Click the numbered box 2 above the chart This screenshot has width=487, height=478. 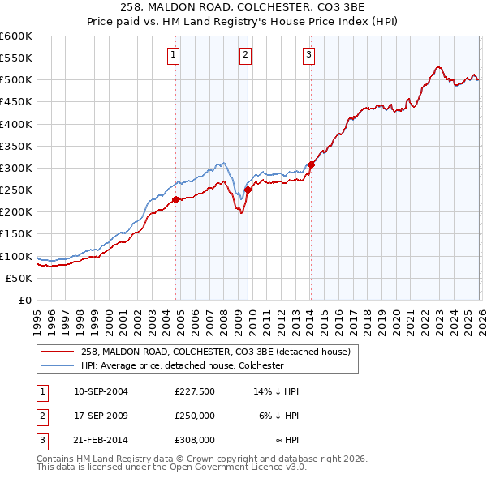pos(245,55)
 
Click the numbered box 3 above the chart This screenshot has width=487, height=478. pos(309,55)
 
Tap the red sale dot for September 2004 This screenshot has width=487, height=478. pos(176,199)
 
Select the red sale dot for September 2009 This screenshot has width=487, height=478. pos(248,190)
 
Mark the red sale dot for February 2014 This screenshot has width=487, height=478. pos(311,164)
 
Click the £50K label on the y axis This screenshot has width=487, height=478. pos(19,278)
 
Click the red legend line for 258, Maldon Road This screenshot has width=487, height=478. pos(58,352)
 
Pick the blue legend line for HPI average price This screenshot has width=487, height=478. pos(58,366)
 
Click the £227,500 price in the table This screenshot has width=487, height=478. pos(194,391)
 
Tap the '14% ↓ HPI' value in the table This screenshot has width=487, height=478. pos(277,391)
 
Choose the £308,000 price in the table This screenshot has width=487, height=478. pos(194,441)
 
